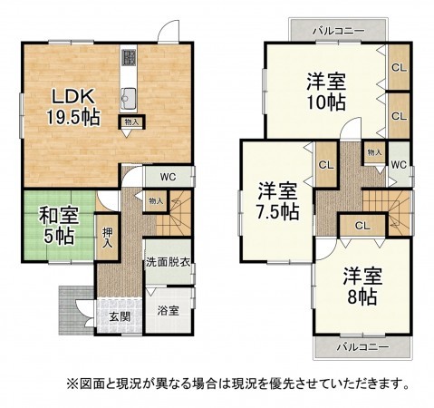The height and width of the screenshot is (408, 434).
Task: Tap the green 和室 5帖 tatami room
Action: (x=56, y=227)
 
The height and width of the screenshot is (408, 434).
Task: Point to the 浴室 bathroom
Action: (x=168, y=309)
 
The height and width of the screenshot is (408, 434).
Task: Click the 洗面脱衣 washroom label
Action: (x=168, y=263)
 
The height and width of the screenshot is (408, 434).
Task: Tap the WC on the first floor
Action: (x=169, y=176)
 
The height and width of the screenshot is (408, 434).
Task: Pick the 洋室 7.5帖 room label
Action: (x=277, y=200)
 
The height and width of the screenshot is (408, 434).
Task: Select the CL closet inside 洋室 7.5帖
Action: (x=323, y=164)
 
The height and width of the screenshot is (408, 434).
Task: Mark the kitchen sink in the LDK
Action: (x=129, y=98)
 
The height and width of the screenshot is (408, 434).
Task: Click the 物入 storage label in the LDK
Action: (x=131, y=121)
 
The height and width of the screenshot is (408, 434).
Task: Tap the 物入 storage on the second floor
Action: (x=374, y=151)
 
